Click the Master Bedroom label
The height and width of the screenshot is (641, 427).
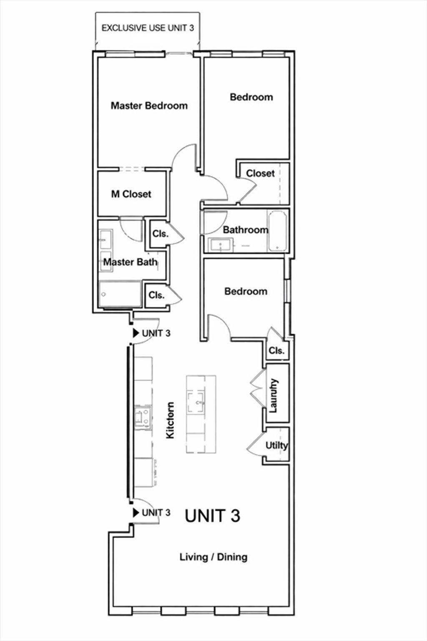[149, 106]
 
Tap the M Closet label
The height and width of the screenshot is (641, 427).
[131, 194]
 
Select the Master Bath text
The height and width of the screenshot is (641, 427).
[130, 262]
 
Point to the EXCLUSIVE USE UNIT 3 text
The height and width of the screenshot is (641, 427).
[148, 28]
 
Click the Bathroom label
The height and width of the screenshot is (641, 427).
[245, 230]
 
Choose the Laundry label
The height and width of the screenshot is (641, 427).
[274, 396]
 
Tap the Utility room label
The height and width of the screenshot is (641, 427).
[276, 445]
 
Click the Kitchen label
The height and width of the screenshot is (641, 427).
[170, 420]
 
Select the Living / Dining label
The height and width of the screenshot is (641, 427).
[213, 557]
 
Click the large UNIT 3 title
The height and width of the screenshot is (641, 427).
[213, 516]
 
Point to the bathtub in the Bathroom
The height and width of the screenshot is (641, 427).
[277, 231]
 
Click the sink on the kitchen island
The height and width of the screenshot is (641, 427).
[196, 402]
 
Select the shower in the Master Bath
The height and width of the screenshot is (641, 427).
[120, 294]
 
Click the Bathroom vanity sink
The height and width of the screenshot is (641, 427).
[221, 245]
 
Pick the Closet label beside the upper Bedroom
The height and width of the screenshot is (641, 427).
[260, 173]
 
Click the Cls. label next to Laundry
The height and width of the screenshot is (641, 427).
[276, 351]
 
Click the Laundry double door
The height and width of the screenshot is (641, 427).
[258, 387]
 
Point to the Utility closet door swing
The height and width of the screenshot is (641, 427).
[255, 444]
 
